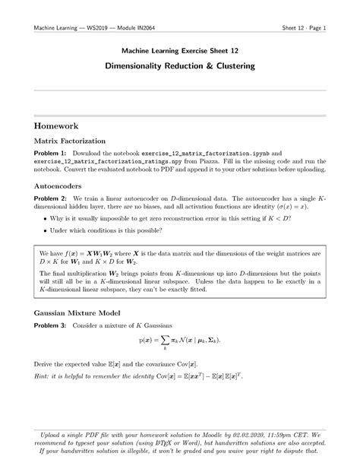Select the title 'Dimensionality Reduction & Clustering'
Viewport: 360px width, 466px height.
point(180,66)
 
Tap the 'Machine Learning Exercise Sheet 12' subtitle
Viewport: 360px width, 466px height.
point(180,49)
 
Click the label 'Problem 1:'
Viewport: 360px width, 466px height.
point(44,154)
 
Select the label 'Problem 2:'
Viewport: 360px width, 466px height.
point(44,197)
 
